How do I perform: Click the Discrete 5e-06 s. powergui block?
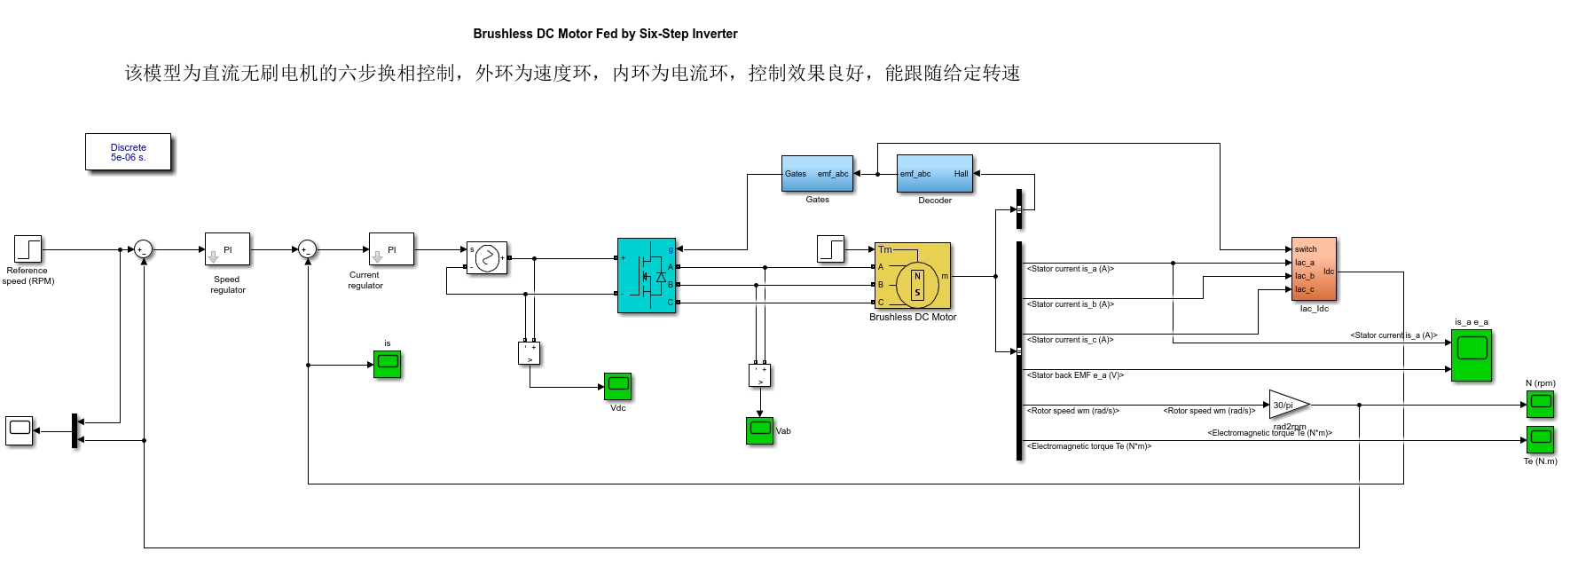click(128, 152)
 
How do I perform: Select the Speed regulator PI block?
click(227, 249)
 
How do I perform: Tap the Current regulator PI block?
click(391, 249)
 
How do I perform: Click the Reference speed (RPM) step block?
click(28, 248)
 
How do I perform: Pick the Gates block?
click(817, 174)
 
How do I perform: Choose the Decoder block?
click(934, 174)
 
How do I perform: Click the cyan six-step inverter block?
click(647, 275)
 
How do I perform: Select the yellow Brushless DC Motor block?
click(912, 276)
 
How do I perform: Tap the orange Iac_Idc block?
click(1314, 269)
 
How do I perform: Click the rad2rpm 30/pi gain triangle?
click(1287, 405)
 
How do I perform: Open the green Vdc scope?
click(617, 386)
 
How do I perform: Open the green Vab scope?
click(759, 430)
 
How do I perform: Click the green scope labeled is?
click(387, 364)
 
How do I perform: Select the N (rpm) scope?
click(1541, 405)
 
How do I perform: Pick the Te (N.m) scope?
click(1541, 439)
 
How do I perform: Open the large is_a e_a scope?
click(1471, 355)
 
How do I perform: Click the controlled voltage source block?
click(487, 258)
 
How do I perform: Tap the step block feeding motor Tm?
click(830, 248)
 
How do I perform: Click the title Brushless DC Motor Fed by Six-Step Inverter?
click(605, 34)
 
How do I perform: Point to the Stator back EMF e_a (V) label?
click(1075, 375)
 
